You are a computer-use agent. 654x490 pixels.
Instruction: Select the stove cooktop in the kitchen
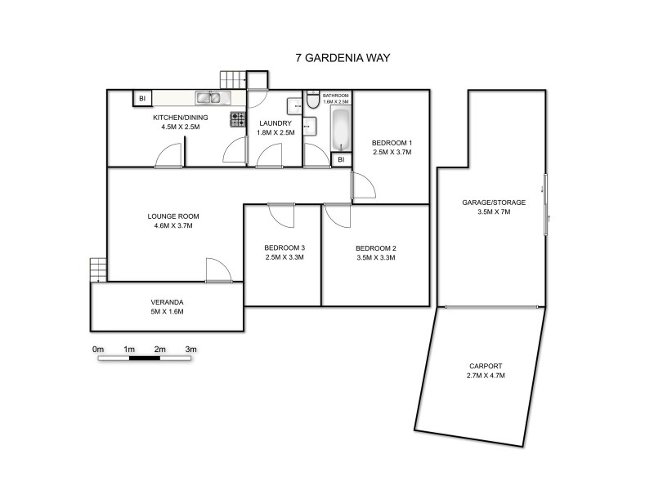(238, 119)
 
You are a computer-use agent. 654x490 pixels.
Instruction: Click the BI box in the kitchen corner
(142, 99)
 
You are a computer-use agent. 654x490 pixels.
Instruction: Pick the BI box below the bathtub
(340, 160)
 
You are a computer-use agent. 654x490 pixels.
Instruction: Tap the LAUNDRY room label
(275, 122)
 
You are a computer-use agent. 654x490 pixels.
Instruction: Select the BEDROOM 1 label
(392, 142)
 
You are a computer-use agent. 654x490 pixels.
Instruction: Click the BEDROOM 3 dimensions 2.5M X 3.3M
(284, 258)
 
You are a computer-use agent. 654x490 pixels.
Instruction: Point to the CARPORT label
(486, 366)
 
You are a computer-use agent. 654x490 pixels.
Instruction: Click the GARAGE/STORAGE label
(494, 202)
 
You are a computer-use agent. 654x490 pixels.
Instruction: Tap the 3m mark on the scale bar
(191, 349)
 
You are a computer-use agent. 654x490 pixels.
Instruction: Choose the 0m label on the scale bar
(98, 349)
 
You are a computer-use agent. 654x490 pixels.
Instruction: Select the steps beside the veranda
(99, 269)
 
